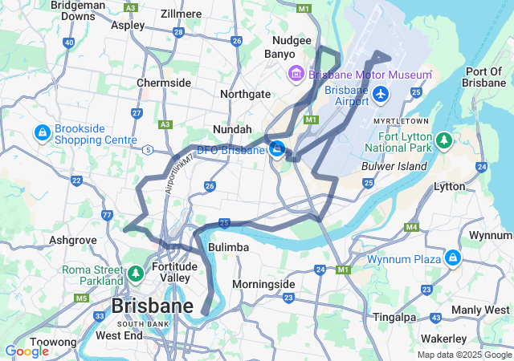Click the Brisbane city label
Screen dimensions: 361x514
tap(152, 306)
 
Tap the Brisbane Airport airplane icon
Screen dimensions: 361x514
tap(381, 95)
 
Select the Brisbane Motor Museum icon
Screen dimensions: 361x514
tap(296, 75)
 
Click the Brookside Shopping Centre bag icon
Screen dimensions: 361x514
tap(41, 131)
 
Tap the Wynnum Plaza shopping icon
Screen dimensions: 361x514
tap(453, 258)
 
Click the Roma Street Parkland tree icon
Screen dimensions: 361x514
tap(136, 274)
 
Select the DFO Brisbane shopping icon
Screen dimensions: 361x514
tap(277, 149)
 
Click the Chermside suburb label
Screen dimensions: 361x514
tap(164, 83)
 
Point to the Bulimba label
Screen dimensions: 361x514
tap(228, 247)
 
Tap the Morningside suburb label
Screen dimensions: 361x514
tap(263, 284)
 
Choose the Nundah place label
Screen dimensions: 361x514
tap(232, 128)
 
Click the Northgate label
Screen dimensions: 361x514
tap(245, 94)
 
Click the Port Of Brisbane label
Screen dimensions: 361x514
tap(484, 78)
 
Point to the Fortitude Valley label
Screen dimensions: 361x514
tap(174, 273)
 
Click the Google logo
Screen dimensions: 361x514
tap(27, 351)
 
